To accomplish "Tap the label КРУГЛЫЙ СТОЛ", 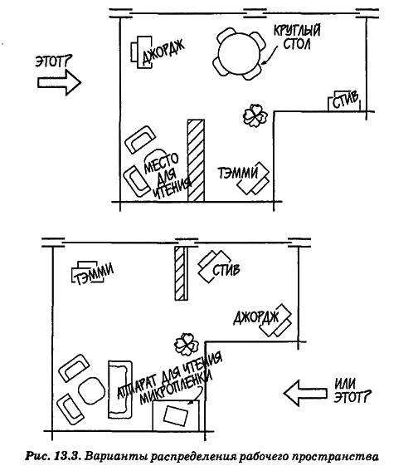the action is [296, 37].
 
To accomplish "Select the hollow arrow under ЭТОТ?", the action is [60, 82].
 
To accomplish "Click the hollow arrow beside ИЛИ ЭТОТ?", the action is [305, 393].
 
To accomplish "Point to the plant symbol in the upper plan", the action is [255, 115].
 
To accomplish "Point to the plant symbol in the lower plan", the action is [187, 345].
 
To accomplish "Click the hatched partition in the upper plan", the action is [196, 160].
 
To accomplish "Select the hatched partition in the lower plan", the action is [181, 273].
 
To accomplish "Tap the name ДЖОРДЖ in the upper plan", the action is [163, 52].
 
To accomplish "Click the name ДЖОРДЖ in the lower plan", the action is [256, 317].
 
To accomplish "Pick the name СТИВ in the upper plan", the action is [345, 101].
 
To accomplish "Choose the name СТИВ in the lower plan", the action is [226, 270].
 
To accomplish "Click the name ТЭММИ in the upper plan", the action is [238, 173].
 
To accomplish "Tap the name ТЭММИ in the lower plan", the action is [94, 274].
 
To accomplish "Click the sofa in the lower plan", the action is [120, 390].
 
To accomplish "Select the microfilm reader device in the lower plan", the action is [176, 415].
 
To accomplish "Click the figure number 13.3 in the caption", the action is [66, 456].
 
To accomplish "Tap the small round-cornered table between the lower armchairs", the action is [92, 390].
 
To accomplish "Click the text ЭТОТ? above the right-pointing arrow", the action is [54, 61].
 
